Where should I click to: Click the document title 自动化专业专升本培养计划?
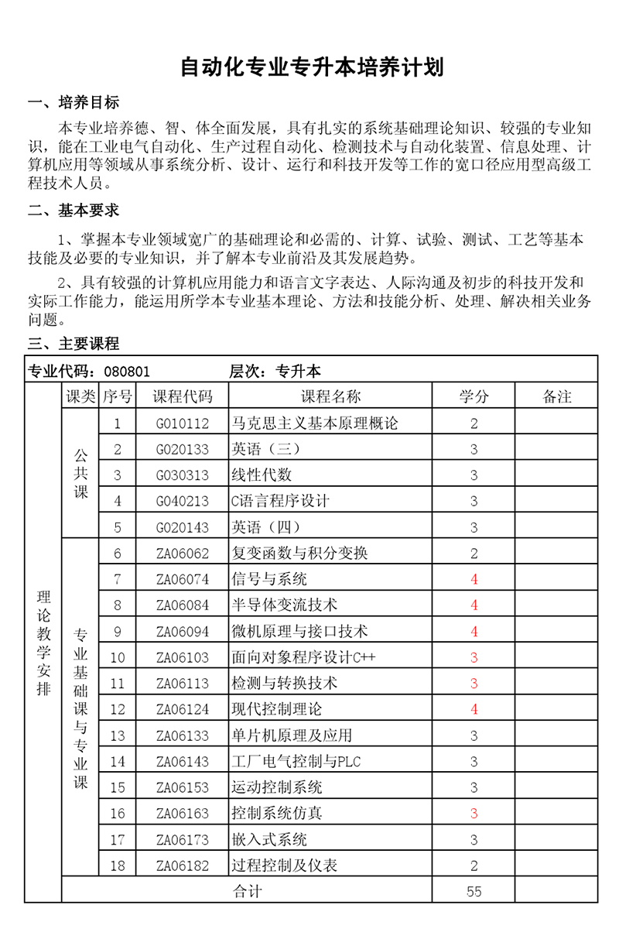pos(312,67)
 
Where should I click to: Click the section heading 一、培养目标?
pos(74,103)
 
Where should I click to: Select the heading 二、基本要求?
pos(74,210)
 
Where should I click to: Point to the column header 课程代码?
pos(183,396)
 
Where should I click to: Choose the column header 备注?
pos(557,396)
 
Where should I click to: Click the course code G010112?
pos(183,423)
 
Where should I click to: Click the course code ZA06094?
pos(183,632)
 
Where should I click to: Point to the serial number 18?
pos(118,866)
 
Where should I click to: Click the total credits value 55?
pos(474,892)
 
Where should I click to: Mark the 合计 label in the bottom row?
pos(248,892)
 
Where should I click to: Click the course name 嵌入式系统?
pos(269,839)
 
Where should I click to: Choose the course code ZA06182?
pos(183,866)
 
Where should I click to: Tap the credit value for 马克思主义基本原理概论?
pos(474,423)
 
